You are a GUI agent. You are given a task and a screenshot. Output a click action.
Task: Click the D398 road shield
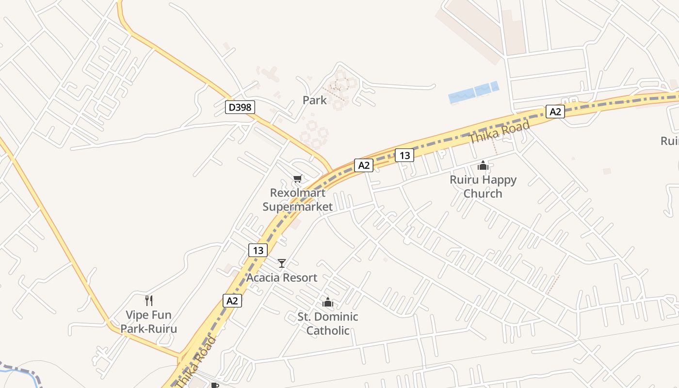[240, 107]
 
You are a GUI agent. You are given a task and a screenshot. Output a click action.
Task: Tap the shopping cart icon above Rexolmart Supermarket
[297, 179]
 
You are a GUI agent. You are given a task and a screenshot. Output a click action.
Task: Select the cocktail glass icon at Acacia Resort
[281, 263]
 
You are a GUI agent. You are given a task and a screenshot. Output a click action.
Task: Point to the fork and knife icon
[149, 301]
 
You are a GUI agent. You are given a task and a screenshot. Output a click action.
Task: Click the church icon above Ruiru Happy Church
[483, 165]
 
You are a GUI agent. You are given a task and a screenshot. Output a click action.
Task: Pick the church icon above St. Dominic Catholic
[328, 303]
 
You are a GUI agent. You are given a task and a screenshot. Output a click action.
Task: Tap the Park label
[315, 100]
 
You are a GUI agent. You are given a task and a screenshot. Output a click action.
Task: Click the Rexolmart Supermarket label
[298, 199]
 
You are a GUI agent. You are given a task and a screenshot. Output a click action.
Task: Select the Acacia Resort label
[282, 278]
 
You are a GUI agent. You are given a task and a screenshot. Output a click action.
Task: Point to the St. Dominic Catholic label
[328, 323]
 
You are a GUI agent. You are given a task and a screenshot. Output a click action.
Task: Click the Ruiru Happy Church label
[483, 186]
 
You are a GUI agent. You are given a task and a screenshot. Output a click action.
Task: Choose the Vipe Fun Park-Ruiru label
[148, 322]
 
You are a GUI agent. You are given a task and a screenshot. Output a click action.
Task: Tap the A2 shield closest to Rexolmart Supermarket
[364, 165]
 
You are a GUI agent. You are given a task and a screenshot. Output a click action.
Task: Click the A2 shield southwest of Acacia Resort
[232, 301]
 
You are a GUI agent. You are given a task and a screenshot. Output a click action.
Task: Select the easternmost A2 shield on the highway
[555, 112]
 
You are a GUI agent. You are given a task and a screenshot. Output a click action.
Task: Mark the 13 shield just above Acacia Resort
[258, 250]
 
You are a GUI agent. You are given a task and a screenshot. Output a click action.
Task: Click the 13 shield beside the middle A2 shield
[404, 155]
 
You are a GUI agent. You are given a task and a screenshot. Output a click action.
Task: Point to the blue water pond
[473, 92]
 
